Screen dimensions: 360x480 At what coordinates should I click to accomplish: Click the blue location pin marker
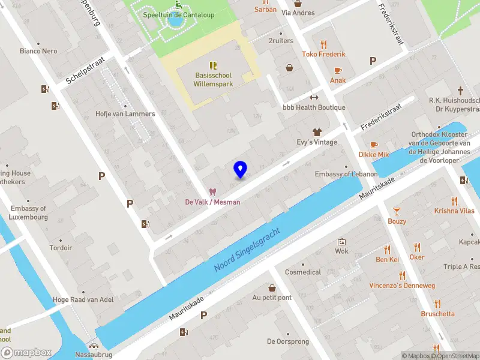coord(240,169)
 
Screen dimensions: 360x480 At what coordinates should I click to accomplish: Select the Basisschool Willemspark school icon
coord(213,65)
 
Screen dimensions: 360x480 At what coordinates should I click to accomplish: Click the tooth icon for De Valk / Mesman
coord(212,192)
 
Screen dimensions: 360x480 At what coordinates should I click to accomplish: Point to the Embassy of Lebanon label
coord(346,174)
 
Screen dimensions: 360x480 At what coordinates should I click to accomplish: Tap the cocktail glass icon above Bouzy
coord(396,211)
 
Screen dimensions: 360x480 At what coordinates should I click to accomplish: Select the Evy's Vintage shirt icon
coord(317,131)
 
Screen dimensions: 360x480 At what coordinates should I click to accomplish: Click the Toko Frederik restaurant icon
coord(324,44)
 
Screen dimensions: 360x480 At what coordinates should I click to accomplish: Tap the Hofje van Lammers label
coord(125,113)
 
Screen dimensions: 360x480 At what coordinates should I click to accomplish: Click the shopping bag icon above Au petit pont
coord(272,287)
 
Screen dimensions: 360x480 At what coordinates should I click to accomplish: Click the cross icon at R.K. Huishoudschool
coord(461,91)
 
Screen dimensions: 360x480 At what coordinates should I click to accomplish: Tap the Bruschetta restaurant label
coord(437,314)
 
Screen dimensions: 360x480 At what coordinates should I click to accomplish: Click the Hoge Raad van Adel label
coord(74,300)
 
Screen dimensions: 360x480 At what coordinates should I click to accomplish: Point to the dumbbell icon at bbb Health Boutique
coord(313,97)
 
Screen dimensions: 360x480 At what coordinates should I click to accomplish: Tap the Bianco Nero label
coord(38,51)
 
